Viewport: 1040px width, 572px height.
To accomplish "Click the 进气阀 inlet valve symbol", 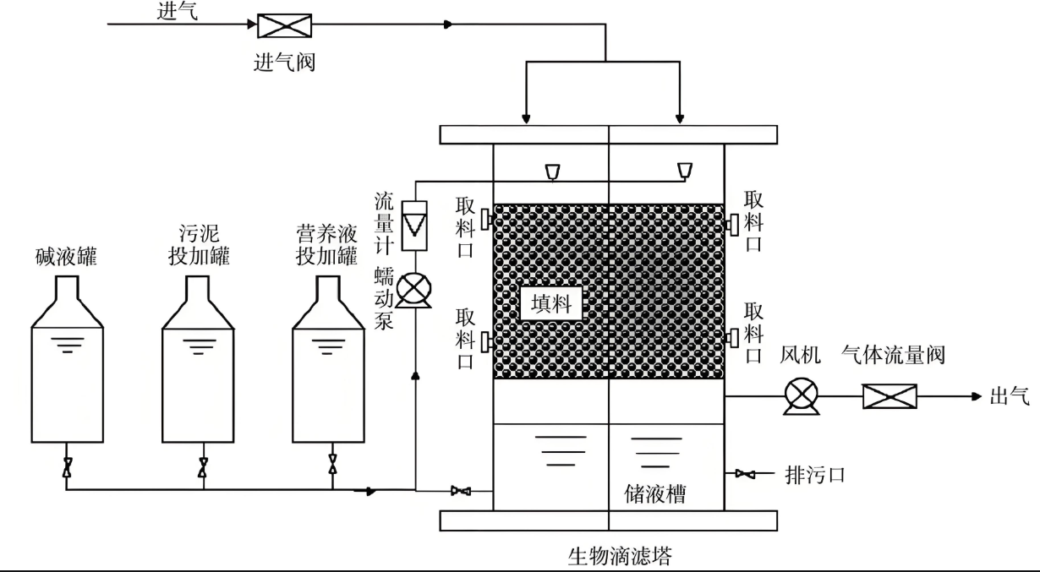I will [x=284, y=25].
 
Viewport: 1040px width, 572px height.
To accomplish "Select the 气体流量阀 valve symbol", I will [x=889, y=396].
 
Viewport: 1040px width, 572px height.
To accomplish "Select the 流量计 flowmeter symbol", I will [x=414, y=225].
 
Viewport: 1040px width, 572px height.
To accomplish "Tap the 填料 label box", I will [x=552, y=303].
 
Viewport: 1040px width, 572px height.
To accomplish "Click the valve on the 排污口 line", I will [x=745, y=474].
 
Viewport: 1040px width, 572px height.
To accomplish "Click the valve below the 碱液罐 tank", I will [x=68, y=466].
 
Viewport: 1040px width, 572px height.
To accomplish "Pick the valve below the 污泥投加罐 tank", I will [x=203, y=466].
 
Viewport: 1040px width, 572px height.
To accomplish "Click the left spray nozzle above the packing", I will [x=551, y=172].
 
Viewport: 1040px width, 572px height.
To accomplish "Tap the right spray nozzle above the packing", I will [x=683, y=172].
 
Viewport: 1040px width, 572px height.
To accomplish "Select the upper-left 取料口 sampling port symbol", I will [x=486, y=220].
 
